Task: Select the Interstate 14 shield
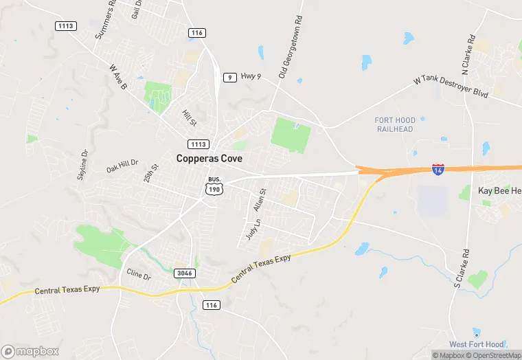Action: (x=438, y=168)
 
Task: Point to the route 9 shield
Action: (x=230, y=78)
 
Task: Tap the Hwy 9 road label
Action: (x=251, y=77)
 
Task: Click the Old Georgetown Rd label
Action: (x=291, y=47)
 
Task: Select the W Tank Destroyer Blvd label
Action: (x=451, y=87)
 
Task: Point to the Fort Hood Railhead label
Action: (x=394, y=124)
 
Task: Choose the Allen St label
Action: (x=259, y=200)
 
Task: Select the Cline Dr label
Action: (x=139, y=275)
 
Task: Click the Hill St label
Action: (x=189, y=117)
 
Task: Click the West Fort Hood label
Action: (x=477, y=344)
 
